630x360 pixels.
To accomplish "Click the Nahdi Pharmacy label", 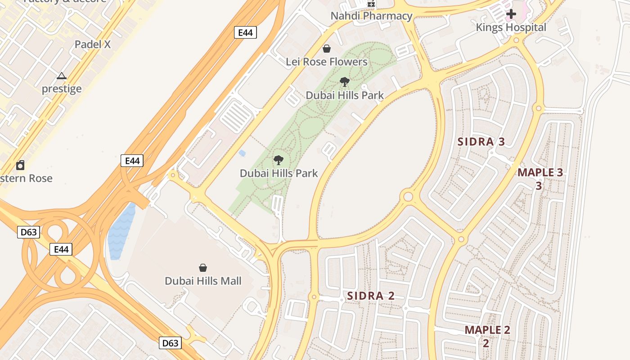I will tap(371, 16).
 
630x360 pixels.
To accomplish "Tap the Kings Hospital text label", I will tap(511, 27).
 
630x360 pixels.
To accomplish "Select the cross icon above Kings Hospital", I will tap(511, 14).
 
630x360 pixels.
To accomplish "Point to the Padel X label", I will tap(93, 45).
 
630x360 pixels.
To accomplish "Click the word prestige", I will tap(62, 89).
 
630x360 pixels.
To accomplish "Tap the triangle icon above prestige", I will tap(62, 76).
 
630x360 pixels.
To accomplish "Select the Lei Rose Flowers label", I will tap(327, 62).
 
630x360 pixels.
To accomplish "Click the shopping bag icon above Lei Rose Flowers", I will tap(327, 49).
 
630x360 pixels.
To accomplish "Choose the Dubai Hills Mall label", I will tap(203, 281).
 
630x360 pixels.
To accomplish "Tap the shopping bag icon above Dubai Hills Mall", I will tap(203, 268).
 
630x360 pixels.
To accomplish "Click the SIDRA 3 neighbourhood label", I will tap(481, 142).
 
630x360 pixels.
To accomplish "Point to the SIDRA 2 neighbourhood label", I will tap(371, 296).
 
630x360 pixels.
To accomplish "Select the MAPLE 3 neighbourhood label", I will tap(540, 172).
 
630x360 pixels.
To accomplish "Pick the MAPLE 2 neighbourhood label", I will tap(487, 330).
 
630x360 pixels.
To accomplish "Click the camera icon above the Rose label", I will tap(20, 165).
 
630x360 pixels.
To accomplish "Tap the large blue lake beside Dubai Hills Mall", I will tap(120, 232).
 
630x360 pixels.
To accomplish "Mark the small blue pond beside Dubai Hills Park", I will tap(242, 153).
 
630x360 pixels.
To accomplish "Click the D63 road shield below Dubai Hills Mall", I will tap(170, 343).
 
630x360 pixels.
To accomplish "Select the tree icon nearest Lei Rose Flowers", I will tap(345, 82).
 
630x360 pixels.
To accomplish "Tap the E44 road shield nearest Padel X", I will tap(245, 32).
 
